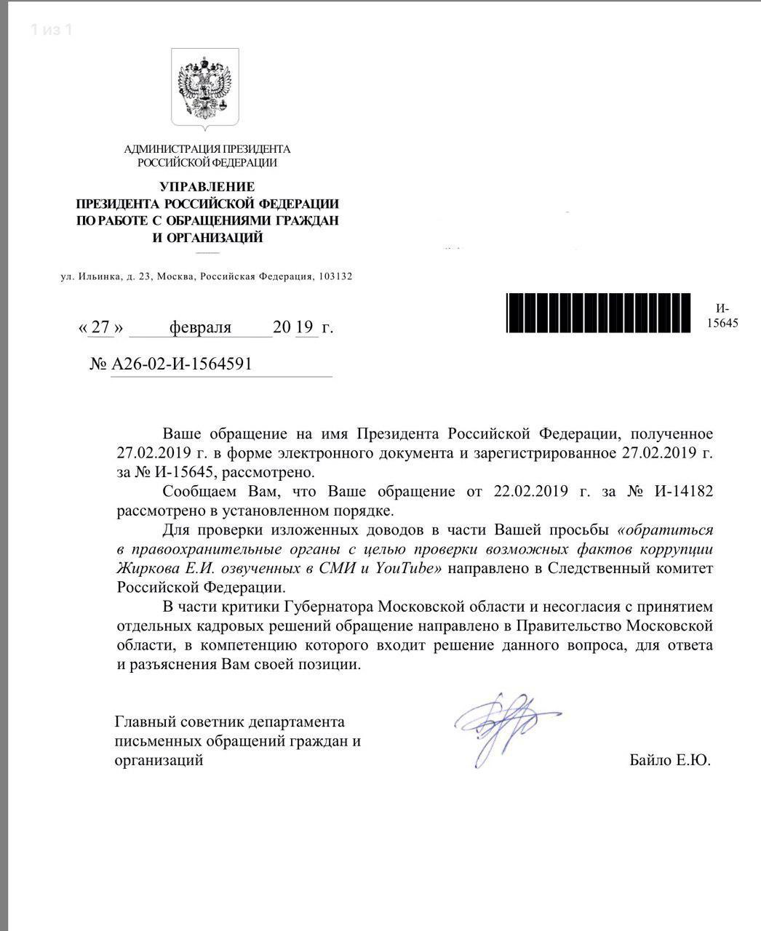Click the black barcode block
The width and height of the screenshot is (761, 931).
599,313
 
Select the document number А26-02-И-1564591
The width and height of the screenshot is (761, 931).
182,364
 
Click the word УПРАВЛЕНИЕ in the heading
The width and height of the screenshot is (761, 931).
207,187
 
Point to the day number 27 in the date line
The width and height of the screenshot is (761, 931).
101,327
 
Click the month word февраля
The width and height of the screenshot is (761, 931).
200,327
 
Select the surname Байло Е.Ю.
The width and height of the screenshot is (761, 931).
670,761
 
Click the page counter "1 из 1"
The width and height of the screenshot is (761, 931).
51,30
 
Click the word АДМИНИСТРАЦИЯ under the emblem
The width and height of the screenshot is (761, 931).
165,150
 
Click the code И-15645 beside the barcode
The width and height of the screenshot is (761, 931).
722,315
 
